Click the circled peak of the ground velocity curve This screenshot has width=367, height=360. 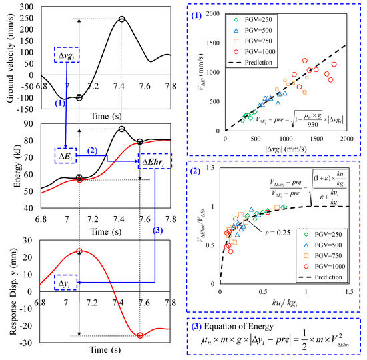(x=121, y=19)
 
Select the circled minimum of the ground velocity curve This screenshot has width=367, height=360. (x=79, y=98)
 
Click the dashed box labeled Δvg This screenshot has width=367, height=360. (x=69, y=53)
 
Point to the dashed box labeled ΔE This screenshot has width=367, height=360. (x=65, y=157)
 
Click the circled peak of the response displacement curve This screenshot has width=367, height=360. (x=79, y=251)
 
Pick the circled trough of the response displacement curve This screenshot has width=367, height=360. (x=140, y=335)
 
